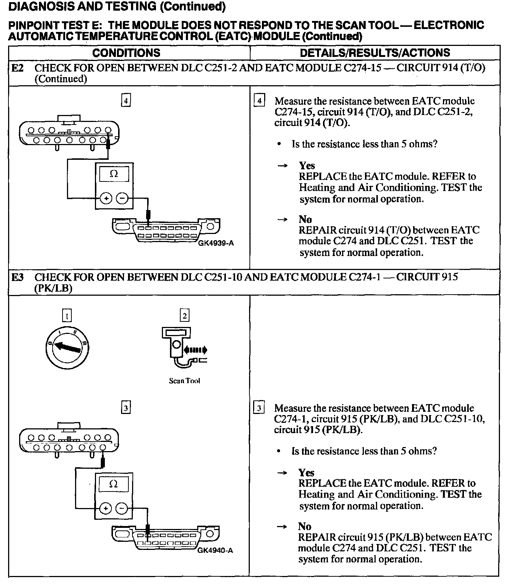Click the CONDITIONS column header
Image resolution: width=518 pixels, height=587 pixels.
tap(126, 53)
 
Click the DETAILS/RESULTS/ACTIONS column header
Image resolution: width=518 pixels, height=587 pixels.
tap(375, 53)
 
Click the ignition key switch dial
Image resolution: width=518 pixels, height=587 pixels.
tap(67, 347)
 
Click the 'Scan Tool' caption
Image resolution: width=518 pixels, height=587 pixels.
tap(184, 381)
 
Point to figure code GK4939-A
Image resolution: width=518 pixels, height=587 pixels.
tap(216, 243)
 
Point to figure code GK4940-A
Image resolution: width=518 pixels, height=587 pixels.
tap(215, 550)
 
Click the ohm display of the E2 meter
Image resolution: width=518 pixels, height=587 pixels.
tap(114, 174)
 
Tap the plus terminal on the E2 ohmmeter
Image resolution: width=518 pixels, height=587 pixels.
tap(106, 199)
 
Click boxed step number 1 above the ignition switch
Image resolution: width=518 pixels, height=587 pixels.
tap(67, 316)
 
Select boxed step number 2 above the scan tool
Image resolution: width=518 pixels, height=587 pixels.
tap(184, 316)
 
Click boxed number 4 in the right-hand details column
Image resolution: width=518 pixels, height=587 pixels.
tap(259, 100)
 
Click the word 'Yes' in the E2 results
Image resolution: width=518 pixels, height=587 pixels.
tap(307, 166)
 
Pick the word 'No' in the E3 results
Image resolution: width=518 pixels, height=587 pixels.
tap(305, 526)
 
